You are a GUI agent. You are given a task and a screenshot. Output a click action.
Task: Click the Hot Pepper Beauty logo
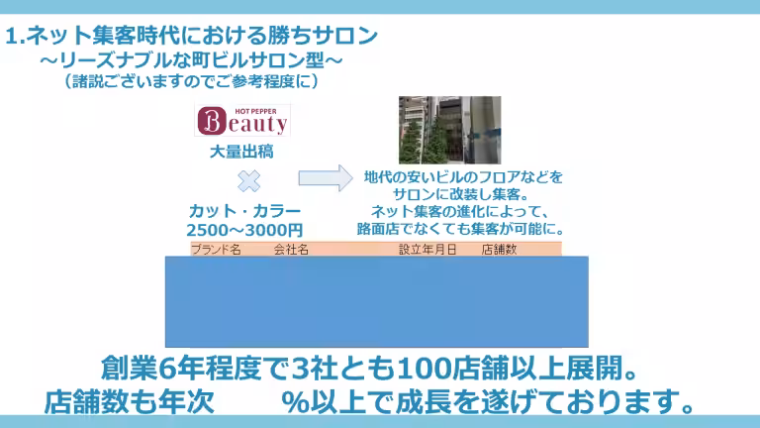click(x=242, y=120)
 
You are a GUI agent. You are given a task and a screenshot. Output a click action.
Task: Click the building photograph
click(x=448, y=130)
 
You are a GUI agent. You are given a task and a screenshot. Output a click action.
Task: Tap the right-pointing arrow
click(x=326, y=178)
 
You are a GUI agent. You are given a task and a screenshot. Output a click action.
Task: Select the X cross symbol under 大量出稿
click(x=249, y=180)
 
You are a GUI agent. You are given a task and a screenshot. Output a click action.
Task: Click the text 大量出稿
click(x=241, y=153)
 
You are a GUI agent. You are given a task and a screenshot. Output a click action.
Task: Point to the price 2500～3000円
click(x=245, y=230)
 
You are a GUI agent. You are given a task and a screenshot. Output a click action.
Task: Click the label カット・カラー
click(x=244, y=211)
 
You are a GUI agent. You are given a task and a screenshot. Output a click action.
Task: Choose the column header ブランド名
click(x=216, y=251)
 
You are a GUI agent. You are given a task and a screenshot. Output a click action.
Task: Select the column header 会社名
click(x=291, y=251)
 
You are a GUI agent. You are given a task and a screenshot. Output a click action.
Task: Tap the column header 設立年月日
click(x=427, y=251)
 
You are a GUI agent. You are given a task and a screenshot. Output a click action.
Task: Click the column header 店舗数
click(x=499, y=251)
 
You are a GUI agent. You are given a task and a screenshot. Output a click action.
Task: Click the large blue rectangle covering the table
click(x=376, y=301)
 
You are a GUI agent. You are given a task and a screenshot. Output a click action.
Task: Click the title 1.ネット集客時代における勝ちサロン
click(x=192, y=38)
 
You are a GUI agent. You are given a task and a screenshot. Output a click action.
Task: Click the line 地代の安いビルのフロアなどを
click(x=463, y=177)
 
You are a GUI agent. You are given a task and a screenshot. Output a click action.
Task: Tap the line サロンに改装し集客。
click(x=462, y=194)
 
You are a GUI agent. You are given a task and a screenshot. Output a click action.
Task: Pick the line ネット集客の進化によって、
click(x=462, y=211)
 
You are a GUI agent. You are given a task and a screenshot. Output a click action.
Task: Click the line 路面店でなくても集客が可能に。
click(x=462, y=229)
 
